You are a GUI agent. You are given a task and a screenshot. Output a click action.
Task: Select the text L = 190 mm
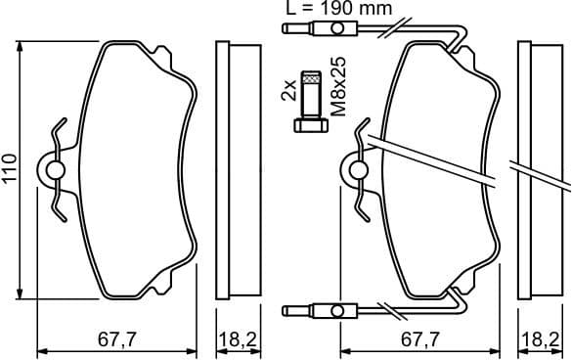[336, 9]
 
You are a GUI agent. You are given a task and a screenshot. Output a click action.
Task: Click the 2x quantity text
[287, 92]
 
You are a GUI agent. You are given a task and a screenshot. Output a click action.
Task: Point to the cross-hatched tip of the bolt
[311, 77]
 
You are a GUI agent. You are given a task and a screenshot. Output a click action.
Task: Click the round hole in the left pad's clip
[55, 170]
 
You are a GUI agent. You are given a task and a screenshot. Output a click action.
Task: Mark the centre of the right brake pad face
[435, 169]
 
